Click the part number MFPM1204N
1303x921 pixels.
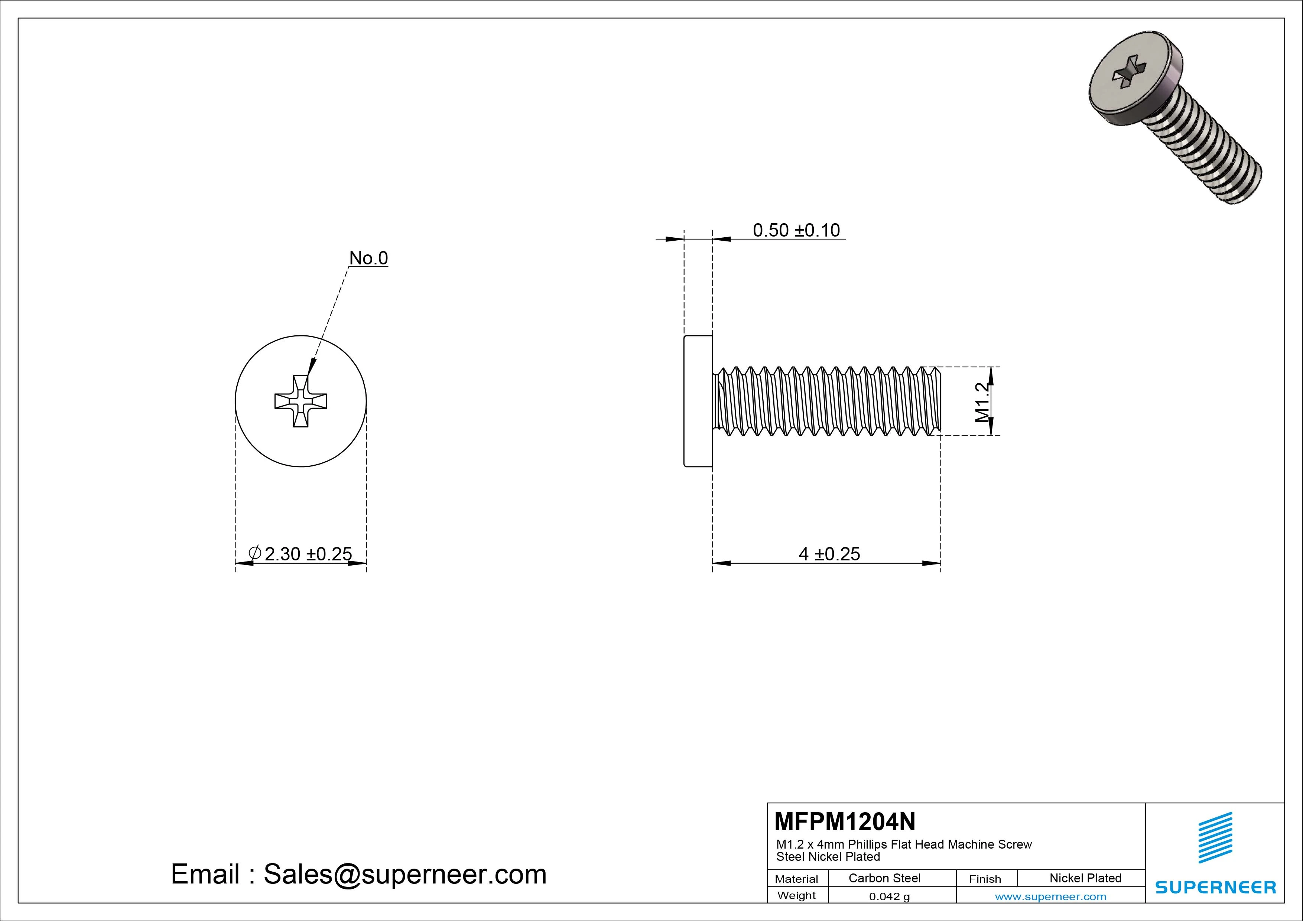(x=844, y=821)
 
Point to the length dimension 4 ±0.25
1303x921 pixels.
(x=829, y=553)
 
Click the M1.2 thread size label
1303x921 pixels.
(x=982, y=402)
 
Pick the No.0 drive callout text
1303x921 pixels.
(x=368, y=258)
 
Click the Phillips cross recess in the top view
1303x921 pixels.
(x=301, y=401)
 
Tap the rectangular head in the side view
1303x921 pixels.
(x=698, y=401)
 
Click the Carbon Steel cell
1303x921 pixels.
(x=884, y=878)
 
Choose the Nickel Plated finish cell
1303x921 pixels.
(x=1085, y=878)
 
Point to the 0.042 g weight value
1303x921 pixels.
(x=889, y=896)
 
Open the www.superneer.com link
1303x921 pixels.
(x=1050, y=896)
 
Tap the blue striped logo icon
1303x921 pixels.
(x=1215, y=837)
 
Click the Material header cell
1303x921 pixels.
(x=796, y=879)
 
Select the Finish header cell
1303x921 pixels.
(x=985, y=879)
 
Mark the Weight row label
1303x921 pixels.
(x=796, y=895)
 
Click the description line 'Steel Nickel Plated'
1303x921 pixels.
(x=828, y=857)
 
